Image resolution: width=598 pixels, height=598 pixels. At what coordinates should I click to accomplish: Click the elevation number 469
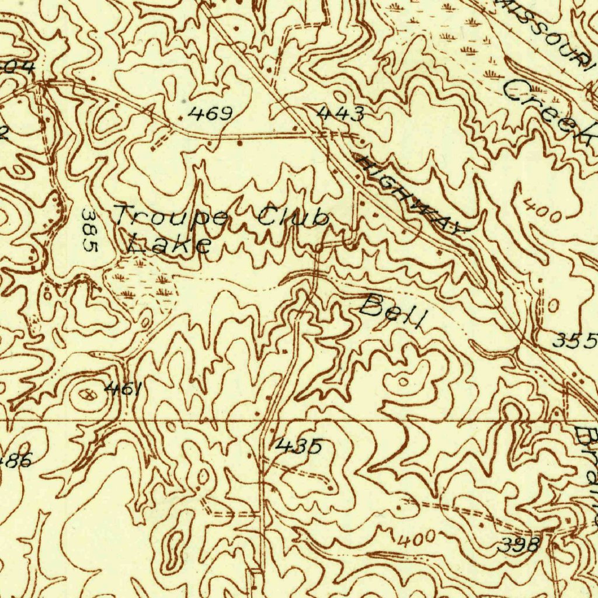coord(210,113)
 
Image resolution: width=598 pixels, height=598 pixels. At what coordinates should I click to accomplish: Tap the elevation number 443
coord(341,114)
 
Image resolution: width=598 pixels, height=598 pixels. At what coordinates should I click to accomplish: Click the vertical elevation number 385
coord(89,230)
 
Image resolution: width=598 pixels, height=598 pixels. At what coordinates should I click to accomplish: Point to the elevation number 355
coord(575,340)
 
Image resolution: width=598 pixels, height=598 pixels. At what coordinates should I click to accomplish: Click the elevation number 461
coord(123,388)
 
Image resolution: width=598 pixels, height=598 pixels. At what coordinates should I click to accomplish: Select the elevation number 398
coord(518,546)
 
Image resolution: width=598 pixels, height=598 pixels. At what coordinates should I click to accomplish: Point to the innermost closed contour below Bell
coord(403,382)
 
